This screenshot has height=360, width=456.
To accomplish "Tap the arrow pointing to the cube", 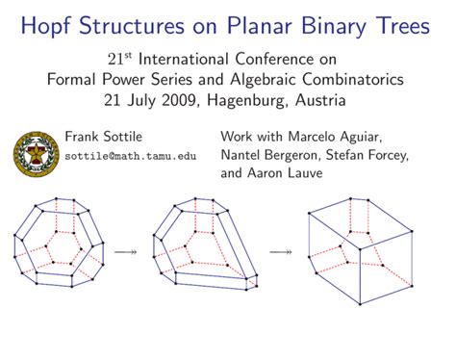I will point(280,251).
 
